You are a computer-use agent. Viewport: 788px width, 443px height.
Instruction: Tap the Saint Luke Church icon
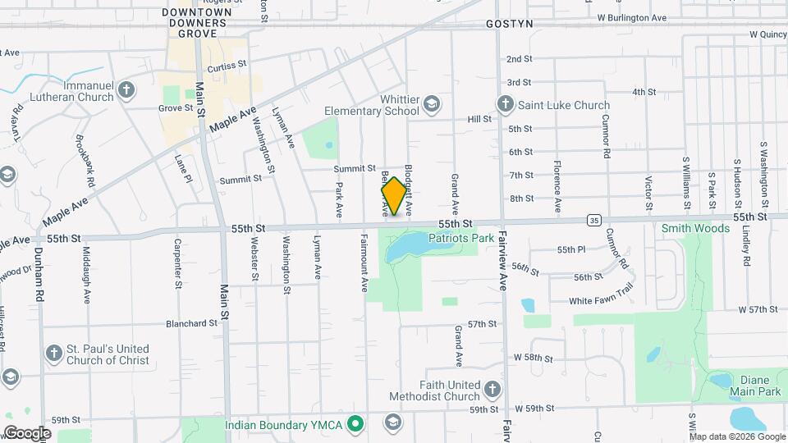tap(505, 104)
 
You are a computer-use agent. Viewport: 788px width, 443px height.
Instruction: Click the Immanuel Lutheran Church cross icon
tap(126, 89)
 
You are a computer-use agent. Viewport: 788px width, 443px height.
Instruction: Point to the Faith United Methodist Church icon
tap(492, 389)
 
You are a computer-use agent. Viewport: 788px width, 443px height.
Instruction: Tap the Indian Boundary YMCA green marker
tap(355, 424)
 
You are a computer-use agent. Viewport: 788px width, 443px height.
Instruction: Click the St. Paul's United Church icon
tap(53, 354)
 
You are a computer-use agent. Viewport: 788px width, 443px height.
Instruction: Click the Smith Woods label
tap(696, 228)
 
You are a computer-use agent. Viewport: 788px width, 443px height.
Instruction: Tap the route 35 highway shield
tap(593, 220)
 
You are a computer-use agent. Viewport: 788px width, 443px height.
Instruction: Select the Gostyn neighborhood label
tap(509, 24)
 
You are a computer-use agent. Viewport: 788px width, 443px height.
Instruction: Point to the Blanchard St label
tap(190, 323)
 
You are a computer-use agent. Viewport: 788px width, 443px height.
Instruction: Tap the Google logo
tap(27, 432)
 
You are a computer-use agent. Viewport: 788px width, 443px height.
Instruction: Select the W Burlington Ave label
tap(632, 17)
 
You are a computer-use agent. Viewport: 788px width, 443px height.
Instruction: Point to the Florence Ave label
tap(557, 183)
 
